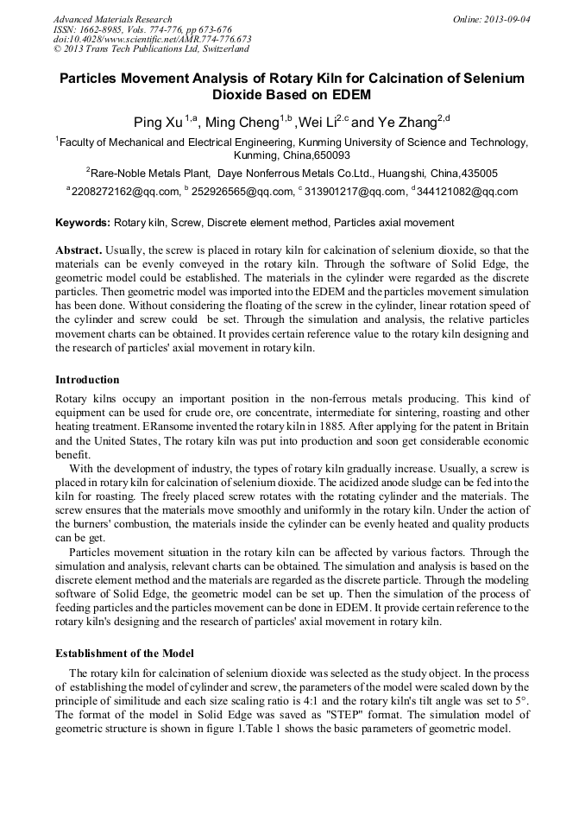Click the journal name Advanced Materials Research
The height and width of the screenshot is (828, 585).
(x=113, y=19)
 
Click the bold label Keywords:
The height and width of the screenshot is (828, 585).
(x=83, y=223)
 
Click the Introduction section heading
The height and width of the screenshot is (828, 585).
(x=87, y=380)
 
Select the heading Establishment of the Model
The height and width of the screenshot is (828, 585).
(x=124, y=653)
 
